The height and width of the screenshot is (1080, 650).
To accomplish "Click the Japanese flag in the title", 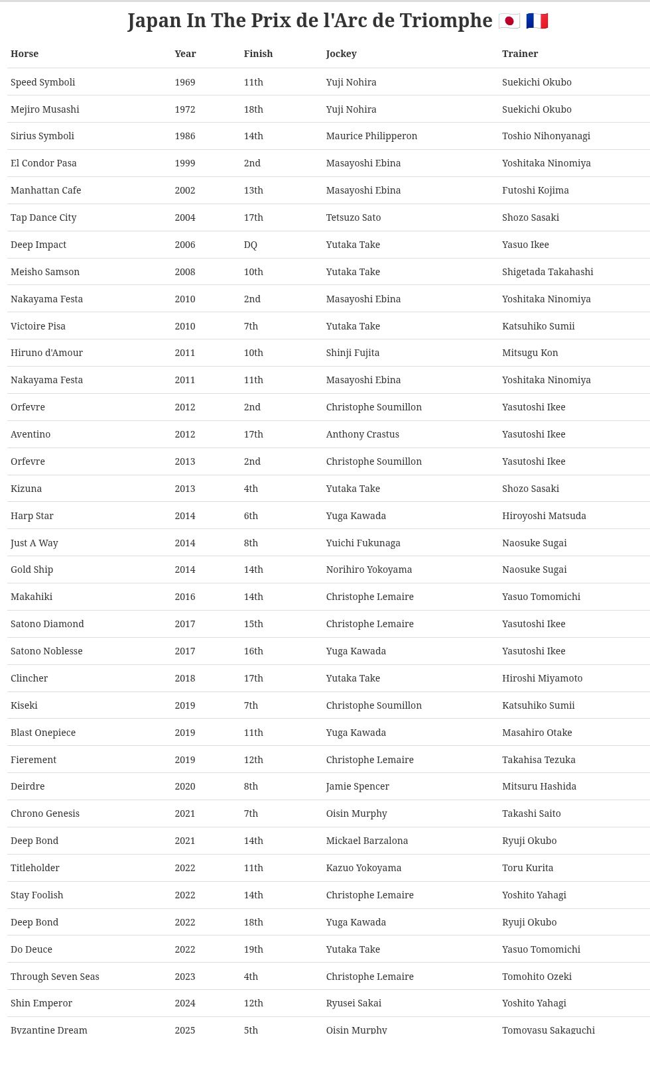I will pos(509,21).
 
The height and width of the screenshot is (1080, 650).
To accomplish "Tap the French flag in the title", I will pos(537,21).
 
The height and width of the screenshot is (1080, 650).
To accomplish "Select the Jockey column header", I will pos(341,54).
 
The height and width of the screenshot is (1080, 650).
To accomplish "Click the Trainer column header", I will pos(519,54).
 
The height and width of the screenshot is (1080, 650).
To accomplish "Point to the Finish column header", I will pos(258,54).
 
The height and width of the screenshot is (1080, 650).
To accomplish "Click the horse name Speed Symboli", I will pos(42,82).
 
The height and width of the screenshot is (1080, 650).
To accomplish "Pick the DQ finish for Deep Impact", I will pos(250,245).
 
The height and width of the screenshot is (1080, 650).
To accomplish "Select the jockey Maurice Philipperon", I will pos(371,136).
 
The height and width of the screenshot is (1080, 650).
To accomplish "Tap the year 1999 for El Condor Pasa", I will pos(184,163).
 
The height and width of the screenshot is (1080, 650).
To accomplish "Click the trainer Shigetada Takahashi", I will pos(547,272).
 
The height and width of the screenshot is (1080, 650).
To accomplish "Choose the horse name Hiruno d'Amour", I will pos(46,353).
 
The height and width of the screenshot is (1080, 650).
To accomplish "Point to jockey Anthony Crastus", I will pos(362,434).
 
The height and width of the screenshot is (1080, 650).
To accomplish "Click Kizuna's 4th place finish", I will pos(251,489).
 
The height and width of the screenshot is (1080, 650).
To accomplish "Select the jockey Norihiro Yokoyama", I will pos(369,570).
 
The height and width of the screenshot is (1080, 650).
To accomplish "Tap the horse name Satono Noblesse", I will pos(46,651).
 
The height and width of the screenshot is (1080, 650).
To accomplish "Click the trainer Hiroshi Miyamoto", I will pos(542,678).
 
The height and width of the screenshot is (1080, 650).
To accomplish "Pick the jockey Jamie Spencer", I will pos(357,786).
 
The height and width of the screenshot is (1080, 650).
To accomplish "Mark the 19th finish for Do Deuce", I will pos(253,949).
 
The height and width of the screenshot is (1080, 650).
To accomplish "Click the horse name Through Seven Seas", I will pos(54,977).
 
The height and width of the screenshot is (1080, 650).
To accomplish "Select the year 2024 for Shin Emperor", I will pos(184,1003).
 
